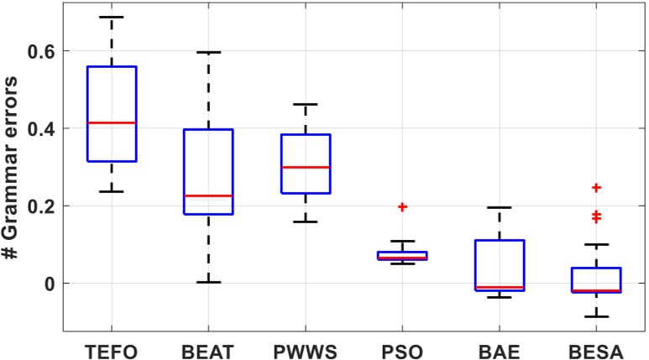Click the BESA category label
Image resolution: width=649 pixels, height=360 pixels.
coord(596,347)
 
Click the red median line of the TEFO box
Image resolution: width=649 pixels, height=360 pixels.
coord(112,123)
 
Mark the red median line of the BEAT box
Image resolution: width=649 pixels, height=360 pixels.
coord(208,196)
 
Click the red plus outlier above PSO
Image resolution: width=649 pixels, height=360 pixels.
coord(402,206)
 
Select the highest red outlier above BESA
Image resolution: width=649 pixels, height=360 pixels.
coord(596,188)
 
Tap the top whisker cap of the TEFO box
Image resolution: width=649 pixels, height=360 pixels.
coord(112,17)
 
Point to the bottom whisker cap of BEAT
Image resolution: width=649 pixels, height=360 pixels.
coord(208,282)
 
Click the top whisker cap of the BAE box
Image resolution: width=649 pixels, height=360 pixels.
coord(500,207)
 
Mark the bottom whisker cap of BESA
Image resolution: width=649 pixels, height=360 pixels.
coord(596,316)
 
